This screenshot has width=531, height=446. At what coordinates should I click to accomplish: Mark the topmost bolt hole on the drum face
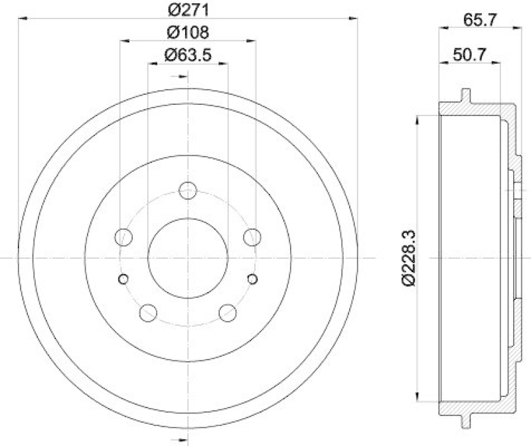[x=189, y=190]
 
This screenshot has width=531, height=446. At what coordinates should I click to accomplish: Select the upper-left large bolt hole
[x=124, y=236]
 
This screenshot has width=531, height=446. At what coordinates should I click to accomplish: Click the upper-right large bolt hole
[x=252, y=236]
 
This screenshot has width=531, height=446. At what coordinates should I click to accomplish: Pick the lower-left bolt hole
[x=149, y=312]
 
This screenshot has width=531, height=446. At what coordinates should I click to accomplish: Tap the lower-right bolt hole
[x=228, y=312]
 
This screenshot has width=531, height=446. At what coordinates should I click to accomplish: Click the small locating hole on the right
[x=252, y=279]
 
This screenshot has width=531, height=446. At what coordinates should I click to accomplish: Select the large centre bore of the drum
[x=188, y=258]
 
